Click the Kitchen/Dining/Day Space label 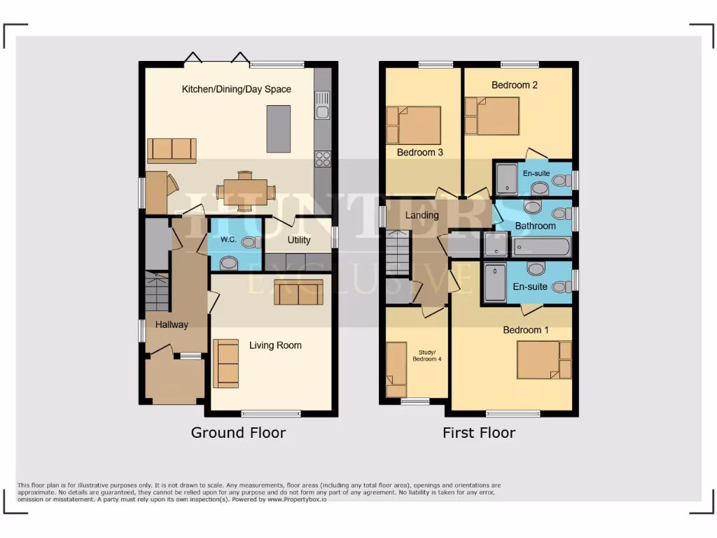(236, 89)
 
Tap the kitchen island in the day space (278, 129)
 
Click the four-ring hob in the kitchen (322, 159)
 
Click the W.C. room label (228, 240)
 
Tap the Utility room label (299, 240)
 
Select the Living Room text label (275, 345)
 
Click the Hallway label (172, 324)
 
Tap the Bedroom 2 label (515, 85)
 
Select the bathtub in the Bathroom (541, 247)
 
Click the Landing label (422, 215)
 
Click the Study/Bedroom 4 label (426, 355)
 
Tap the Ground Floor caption (238, 433)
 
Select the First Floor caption (478, 433)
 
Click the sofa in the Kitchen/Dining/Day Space (172, 149)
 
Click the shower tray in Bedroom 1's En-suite (494, 282)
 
